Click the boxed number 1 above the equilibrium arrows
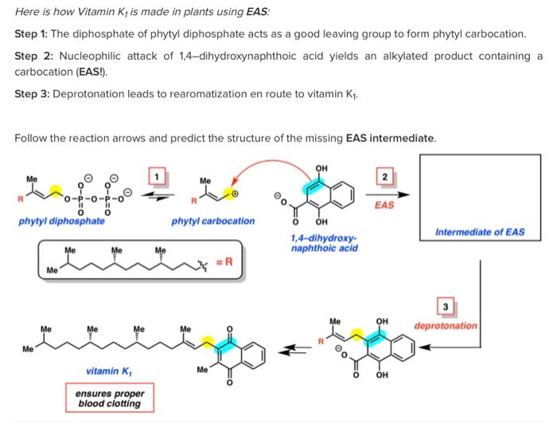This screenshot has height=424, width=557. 157,175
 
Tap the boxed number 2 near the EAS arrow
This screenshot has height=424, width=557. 385,177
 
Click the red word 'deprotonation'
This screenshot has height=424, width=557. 446,325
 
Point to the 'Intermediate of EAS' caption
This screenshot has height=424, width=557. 480,232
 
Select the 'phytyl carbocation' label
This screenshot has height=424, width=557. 212,221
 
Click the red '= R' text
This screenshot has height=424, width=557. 225,259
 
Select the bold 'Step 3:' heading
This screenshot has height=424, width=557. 32,94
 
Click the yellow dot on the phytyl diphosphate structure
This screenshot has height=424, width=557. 56,190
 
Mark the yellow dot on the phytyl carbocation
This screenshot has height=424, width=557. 228,191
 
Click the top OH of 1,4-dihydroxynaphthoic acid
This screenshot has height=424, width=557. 321,167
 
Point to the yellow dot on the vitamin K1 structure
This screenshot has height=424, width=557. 208,343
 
